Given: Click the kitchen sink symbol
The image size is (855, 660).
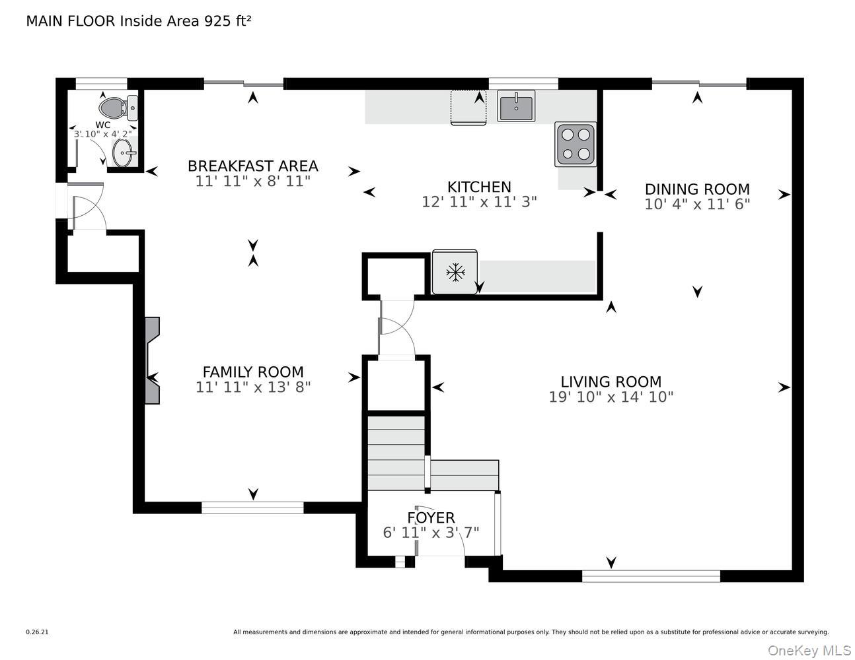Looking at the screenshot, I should [516, 106].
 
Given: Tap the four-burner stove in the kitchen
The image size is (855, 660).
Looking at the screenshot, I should [575, 144].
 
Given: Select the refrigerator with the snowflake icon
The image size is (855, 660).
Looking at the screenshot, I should [455, 271].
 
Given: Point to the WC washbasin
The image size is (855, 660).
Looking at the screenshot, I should [124, 153].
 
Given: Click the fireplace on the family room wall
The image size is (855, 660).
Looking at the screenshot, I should [151, 360].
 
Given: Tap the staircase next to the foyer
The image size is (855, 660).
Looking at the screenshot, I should [396, 453].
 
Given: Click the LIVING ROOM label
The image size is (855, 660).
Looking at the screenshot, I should [611, 381].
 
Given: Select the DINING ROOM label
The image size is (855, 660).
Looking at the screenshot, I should [697, 189].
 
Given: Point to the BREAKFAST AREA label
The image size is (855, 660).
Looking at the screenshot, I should [252, 166].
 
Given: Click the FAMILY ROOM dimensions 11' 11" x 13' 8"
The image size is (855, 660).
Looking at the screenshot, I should [252, 387].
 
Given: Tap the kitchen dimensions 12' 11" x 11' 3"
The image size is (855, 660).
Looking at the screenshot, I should [479, 202].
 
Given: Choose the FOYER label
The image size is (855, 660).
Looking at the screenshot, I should [431, 517].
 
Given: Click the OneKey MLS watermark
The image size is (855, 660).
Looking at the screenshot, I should [809, 650].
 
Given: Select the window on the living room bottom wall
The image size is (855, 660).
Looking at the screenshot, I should [651, 576].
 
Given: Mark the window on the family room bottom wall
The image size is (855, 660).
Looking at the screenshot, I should [252, 508].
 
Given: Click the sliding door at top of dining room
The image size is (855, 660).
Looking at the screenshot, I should [699, 84].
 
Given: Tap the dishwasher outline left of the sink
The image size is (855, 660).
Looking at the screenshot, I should [468, 107].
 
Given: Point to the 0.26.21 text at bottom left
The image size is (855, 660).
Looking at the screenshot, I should [37, 632].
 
